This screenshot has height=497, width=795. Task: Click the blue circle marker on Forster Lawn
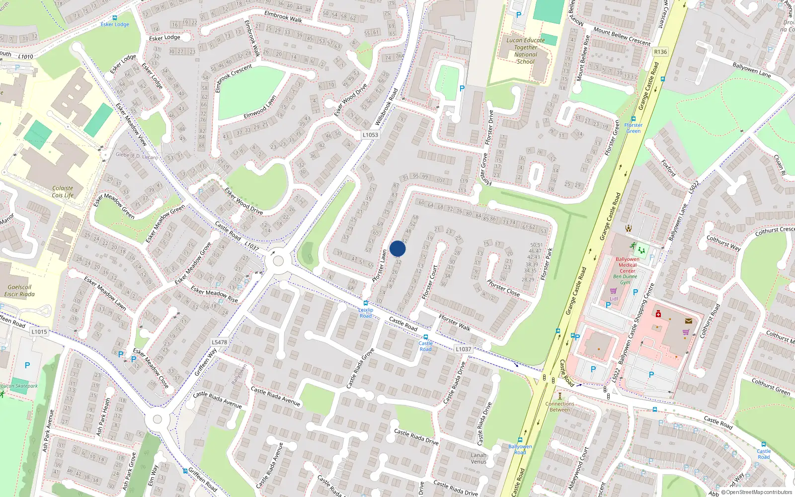(x=397, y=248)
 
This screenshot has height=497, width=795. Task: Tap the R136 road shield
(x=660, y=52)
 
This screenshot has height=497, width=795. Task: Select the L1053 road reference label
(x=370, y=135)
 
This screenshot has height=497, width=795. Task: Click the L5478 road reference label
(x=219, y=342)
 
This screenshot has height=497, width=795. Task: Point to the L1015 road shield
(x=39, y=331)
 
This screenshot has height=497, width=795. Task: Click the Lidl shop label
(x=614, y=299)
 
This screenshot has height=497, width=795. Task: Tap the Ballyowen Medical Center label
(x=628, y=265)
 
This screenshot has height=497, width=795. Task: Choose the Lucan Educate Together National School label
(x=526, y=51)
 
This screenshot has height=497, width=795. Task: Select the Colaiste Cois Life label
(x=63, y=192)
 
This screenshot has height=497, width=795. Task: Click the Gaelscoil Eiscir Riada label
(x=20, y=291)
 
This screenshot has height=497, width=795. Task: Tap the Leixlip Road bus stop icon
(x=366, y=303)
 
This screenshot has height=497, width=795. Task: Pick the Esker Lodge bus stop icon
(x=115, y=18)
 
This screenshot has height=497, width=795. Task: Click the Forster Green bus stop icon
(x=634, y=119)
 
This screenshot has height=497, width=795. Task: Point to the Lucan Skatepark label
(x=19, y=386)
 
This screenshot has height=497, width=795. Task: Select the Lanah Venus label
(x=478, y=458)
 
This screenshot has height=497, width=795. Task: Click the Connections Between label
(x=559, y=407)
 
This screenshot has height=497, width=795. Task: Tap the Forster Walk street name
(x=454, y=323)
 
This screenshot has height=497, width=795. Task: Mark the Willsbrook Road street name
(x=387, y=107)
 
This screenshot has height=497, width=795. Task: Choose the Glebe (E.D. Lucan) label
(x=136, y=156)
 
